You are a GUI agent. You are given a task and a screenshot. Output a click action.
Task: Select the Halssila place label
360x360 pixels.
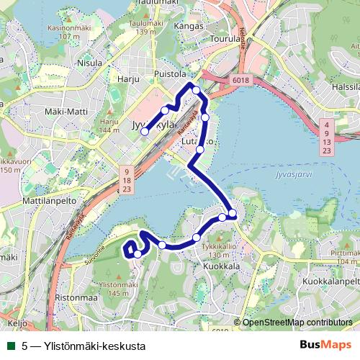point(344,86)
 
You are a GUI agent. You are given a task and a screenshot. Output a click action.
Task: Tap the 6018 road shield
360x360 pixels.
point(240,81)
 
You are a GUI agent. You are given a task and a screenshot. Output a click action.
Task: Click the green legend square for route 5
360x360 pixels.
point(11,346)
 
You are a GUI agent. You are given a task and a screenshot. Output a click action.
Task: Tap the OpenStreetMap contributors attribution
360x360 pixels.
point(297,323)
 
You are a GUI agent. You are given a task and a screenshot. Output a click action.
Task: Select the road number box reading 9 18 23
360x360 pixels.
point(127,179)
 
